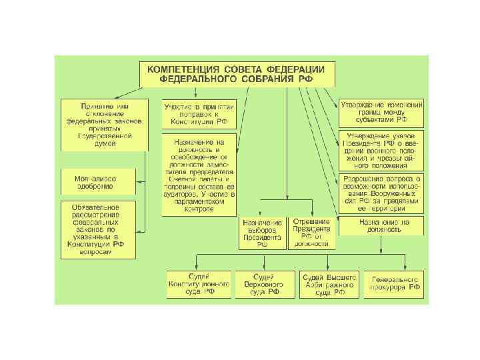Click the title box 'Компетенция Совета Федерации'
(x=236, y=74)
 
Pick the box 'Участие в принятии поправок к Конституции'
(x=198, y=114)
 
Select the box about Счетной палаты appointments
(x=198, y=175)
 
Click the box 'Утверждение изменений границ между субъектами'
(x=381, y=114)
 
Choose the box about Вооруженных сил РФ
(x=381, y=191)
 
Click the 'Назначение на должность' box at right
(x=381, y=225)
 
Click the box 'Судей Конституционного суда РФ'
(x=199, y=285)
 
